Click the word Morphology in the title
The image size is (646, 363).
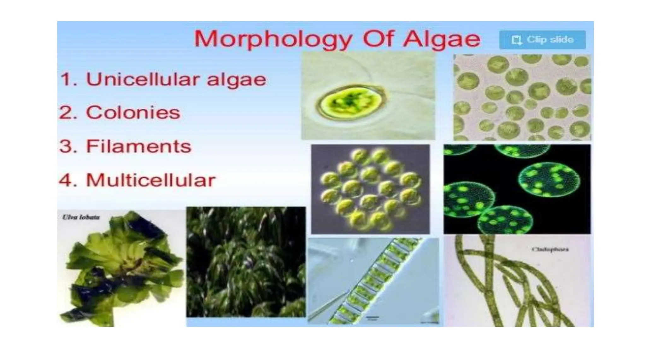(273, 39)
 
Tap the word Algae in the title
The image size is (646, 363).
(442, 39)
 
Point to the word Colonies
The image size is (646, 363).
(133, 113)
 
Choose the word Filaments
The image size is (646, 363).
(138, 147)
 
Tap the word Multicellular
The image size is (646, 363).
(150, 180)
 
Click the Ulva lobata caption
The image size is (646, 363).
(81, 217)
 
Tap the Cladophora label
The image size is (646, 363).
(550, 249)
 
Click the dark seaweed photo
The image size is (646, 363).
(246, 262)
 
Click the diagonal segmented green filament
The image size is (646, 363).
(372, 280)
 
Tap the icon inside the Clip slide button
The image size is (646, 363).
(516, 40)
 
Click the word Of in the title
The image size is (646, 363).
(379, 39)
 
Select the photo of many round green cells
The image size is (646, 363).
(522, 97)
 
